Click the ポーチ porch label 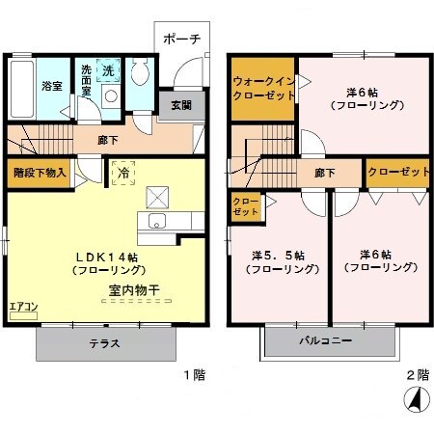point(181,40)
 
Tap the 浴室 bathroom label point(53,86)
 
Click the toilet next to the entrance point(141,74)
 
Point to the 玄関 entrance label point(181,105)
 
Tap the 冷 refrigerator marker point(124,173)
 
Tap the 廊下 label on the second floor point(324,174)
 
